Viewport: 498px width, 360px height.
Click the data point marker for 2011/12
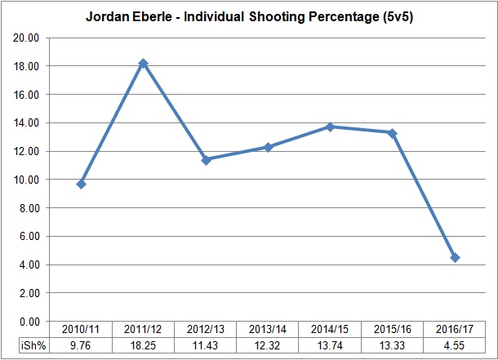click(x=144, y=63)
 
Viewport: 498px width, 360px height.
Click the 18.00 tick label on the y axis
click(x=29, y=66)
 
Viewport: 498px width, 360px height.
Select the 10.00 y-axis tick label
click(x=29, y=180)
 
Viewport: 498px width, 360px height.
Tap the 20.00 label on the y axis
click(x=29, y=38)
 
